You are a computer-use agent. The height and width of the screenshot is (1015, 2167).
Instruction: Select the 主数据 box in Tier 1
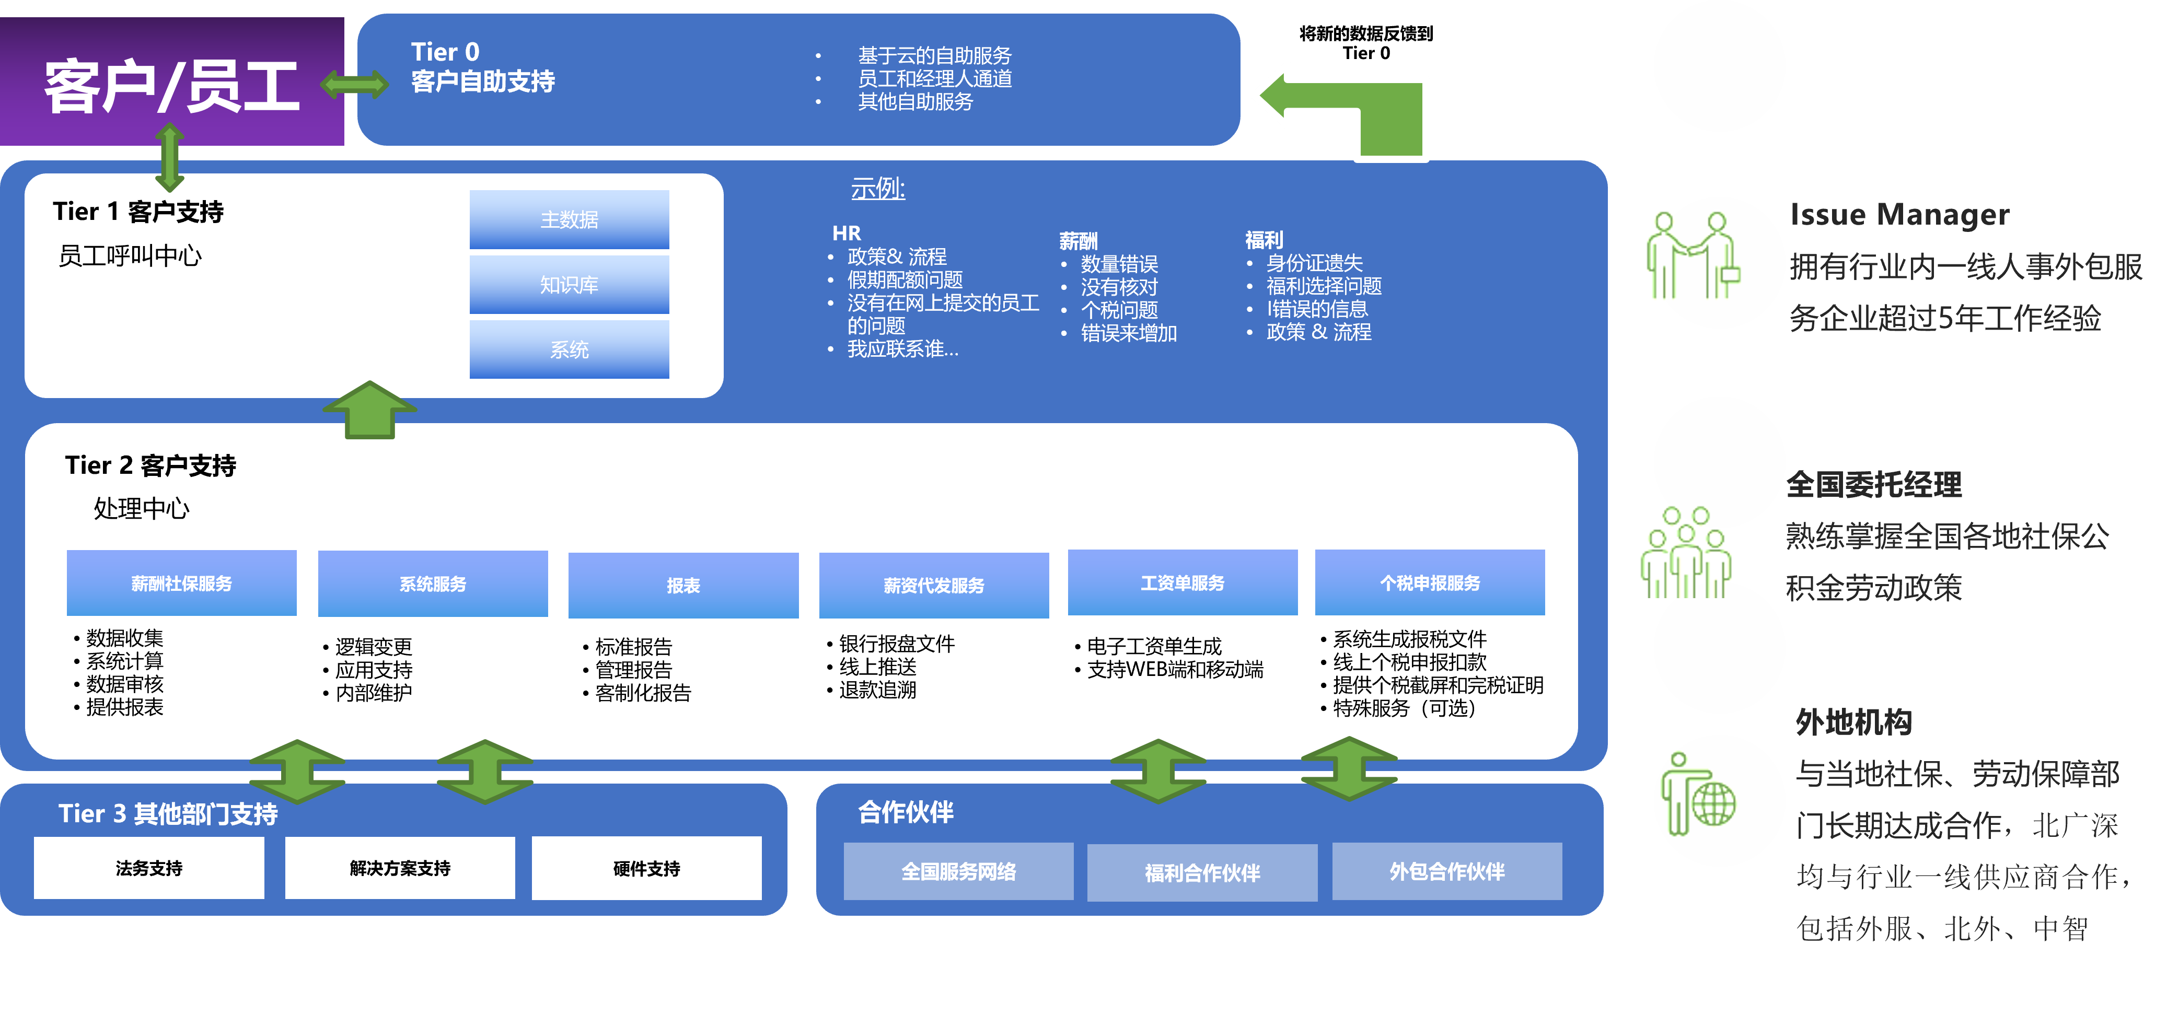tap(569, 219)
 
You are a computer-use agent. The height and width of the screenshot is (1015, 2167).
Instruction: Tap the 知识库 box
tap(569, 285)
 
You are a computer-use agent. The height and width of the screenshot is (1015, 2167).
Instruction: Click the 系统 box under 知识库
tap(569, 349)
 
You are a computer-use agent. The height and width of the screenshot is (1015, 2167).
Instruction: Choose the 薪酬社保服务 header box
tap(182, 583)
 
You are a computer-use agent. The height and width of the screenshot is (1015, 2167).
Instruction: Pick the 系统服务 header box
tap(432, 584)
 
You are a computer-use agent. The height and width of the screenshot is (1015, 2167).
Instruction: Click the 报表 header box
tap(683, 585)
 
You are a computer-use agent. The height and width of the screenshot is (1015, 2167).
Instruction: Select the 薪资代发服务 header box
tap(934, 585)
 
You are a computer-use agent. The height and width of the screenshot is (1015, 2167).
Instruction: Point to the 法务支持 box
tap(149, 868)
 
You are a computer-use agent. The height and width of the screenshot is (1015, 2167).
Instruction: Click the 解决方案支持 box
tap(400, 868)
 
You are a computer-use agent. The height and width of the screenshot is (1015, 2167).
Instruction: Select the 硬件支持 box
tap(646, 868)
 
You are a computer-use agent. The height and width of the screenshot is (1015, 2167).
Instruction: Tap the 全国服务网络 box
tap(958, 871)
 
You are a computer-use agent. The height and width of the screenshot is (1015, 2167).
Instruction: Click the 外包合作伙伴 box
tap(1447, 871)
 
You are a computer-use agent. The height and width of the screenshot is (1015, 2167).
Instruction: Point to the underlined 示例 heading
tap(877, 189)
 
